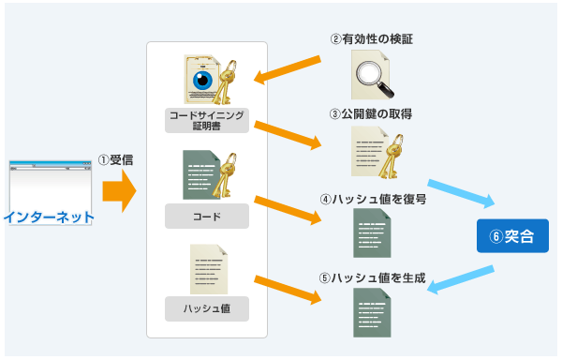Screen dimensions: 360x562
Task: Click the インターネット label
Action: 50,217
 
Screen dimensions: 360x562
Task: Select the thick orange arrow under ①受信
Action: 118,193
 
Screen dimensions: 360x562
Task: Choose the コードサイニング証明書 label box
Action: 207,120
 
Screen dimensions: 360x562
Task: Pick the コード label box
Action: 207,217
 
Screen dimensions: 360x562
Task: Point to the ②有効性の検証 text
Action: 372,39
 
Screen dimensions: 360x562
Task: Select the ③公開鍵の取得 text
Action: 372,113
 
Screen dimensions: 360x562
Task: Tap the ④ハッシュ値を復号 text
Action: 373,199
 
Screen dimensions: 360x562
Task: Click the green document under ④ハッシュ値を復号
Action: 372,233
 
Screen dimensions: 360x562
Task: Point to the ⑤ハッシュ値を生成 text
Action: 373,277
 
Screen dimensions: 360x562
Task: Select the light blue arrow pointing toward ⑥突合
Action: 460,190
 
